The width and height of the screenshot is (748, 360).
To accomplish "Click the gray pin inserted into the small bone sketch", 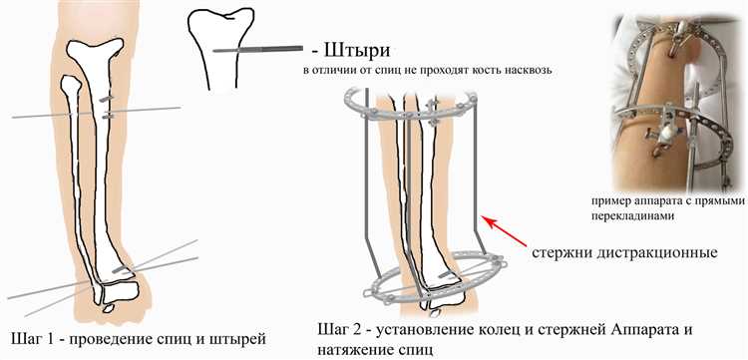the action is (257, 49).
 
